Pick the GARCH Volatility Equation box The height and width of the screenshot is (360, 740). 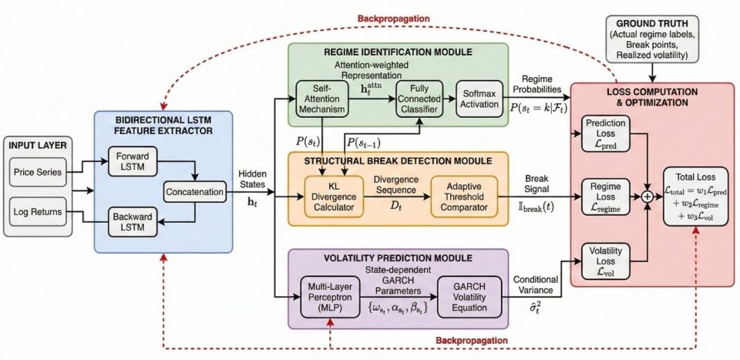coord(467,298)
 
